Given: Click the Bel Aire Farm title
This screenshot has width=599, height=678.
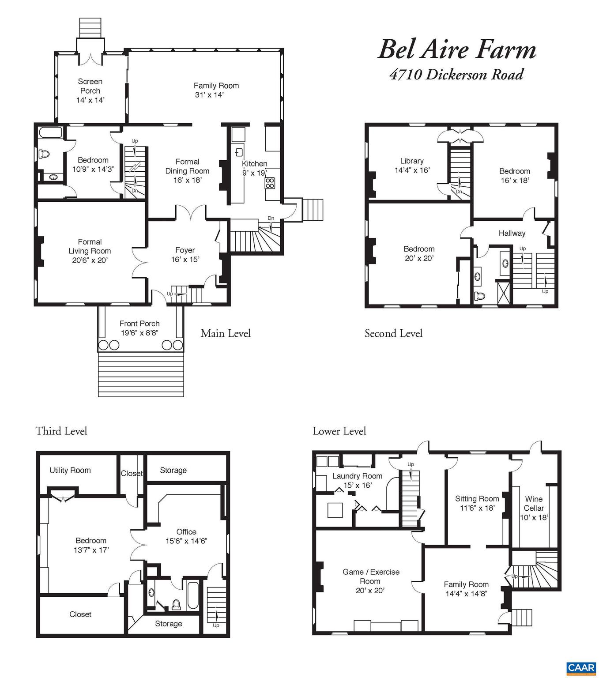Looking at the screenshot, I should coord(456,50).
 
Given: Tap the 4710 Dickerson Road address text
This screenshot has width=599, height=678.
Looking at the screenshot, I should coord(456,74).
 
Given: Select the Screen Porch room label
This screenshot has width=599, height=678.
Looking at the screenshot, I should coord(90,90).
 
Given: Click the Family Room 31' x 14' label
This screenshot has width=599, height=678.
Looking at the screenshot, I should coord(216,90).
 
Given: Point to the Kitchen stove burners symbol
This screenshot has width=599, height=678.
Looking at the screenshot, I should coord(270,183).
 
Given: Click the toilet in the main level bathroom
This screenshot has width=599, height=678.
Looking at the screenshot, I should coord(43,154).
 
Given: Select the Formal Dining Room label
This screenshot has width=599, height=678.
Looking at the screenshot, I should coord(187,170).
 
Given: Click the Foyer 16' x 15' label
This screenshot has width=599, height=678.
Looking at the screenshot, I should coord(185,255).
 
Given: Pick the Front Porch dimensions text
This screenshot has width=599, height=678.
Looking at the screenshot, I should coord(139,333).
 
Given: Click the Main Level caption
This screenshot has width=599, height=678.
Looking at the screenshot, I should coord(226,333).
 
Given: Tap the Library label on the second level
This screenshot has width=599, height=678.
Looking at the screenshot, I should coord(412,165).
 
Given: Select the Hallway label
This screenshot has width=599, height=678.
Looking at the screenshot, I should coord(512,233).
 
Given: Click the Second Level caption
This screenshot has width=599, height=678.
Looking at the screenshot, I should coord(393,333).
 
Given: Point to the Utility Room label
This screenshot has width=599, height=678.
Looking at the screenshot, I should coord(70,470).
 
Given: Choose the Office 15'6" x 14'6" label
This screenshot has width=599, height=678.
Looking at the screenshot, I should coord(186,536).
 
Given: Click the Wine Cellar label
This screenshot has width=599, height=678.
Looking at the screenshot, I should coord(534,508).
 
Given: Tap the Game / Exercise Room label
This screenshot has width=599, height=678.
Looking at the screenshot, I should coord(371,581).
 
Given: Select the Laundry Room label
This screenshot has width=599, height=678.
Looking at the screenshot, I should coord(357,480).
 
